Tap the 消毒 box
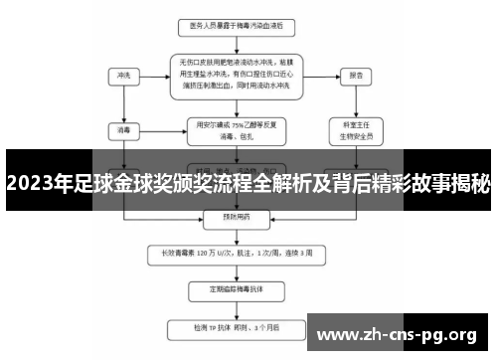click(124, 128)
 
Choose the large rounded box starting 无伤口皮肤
click(237, 75)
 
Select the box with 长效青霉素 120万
click(237, 254)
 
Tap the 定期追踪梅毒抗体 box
click(237, 290)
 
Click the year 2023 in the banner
click(34, 183)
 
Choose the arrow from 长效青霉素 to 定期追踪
click(237, 271)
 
